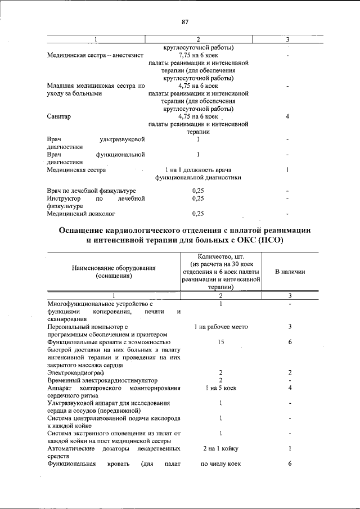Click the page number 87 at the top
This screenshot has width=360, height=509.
pos(184,22)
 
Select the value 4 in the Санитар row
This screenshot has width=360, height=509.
pos(287,116)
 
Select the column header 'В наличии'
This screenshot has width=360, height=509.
pos(290,272)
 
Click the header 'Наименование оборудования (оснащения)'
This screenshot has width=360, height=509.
pos(114,272)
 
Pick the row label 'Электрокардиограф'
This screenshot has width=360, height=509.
pos(76,372)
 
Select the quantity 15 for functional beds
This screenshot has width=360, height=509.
pos(220,342)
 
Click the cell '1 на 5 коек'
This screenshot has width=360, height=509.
pos(220,388)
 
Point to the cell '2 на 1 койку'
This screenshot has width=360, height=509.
pos(220,449)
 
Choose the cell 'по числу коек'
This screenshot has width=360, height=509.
pos(220,464)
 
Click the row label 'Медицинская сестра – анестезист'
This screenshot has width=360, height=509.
pos(96,56)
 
